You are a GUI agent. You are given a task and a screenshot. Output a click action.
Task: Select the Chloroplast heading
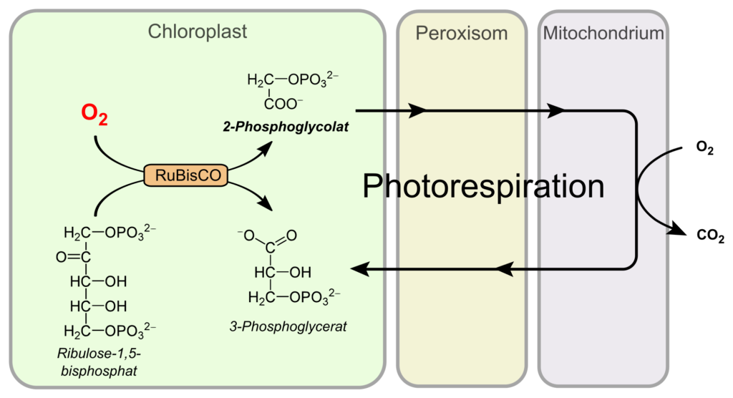point(198,31)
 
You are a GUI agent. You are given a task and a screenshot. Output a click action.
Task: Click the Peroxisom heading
point(461,33)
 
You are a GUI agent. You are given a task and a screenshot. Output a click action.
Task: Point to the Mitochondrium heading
point(603,33)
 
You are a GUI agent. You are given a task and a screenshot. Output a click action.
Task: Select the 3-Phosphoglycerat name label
point(288,326)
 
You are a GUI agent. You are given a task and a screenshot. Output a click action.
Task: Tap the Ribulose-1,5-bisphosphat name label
point(107,361)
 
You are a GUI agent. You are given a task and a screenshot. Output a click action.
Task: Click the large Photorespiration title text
point(483,187)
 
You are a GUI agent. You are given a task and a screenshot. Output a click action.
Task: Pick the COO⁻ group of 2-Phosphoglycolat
point(284,104)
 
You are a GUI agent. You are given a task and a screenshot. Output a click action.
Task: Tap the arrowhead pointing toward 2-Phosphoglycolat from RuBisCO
point(267,146)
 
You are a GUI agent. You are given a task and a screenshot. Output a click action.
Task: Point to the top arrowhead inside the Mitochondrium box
point(557,111)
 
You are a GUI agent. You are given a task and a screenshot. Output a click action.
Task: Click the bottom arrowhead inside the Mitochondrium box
point(505,269)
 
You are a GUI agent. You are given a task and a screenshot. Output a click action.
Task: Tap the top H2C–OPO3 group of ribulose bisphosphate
point(109,233)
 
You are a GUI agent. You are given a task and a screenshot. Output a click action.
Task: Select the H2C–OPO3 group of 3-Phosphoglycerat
point(294,296)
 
